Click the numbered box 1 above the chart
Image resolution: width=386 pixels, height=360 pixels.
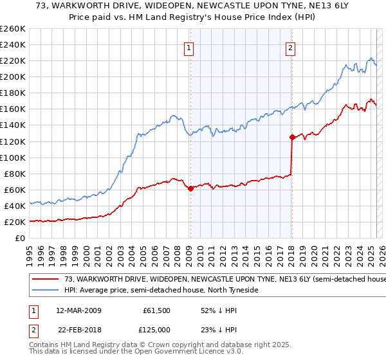point(189,47)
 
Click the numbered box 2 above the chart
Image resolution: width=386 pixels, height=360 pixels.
point(291,47)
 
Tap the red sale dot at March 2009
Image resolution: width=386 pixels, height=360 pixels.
point(190,188)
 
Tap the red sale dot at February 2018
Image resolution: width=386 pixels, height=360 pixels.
point(292,137)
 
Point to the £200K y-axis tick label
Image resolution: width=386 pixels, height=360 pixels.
point(12,76)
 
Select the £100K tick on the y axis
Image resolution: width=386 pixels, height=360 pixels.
point(12,157)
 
